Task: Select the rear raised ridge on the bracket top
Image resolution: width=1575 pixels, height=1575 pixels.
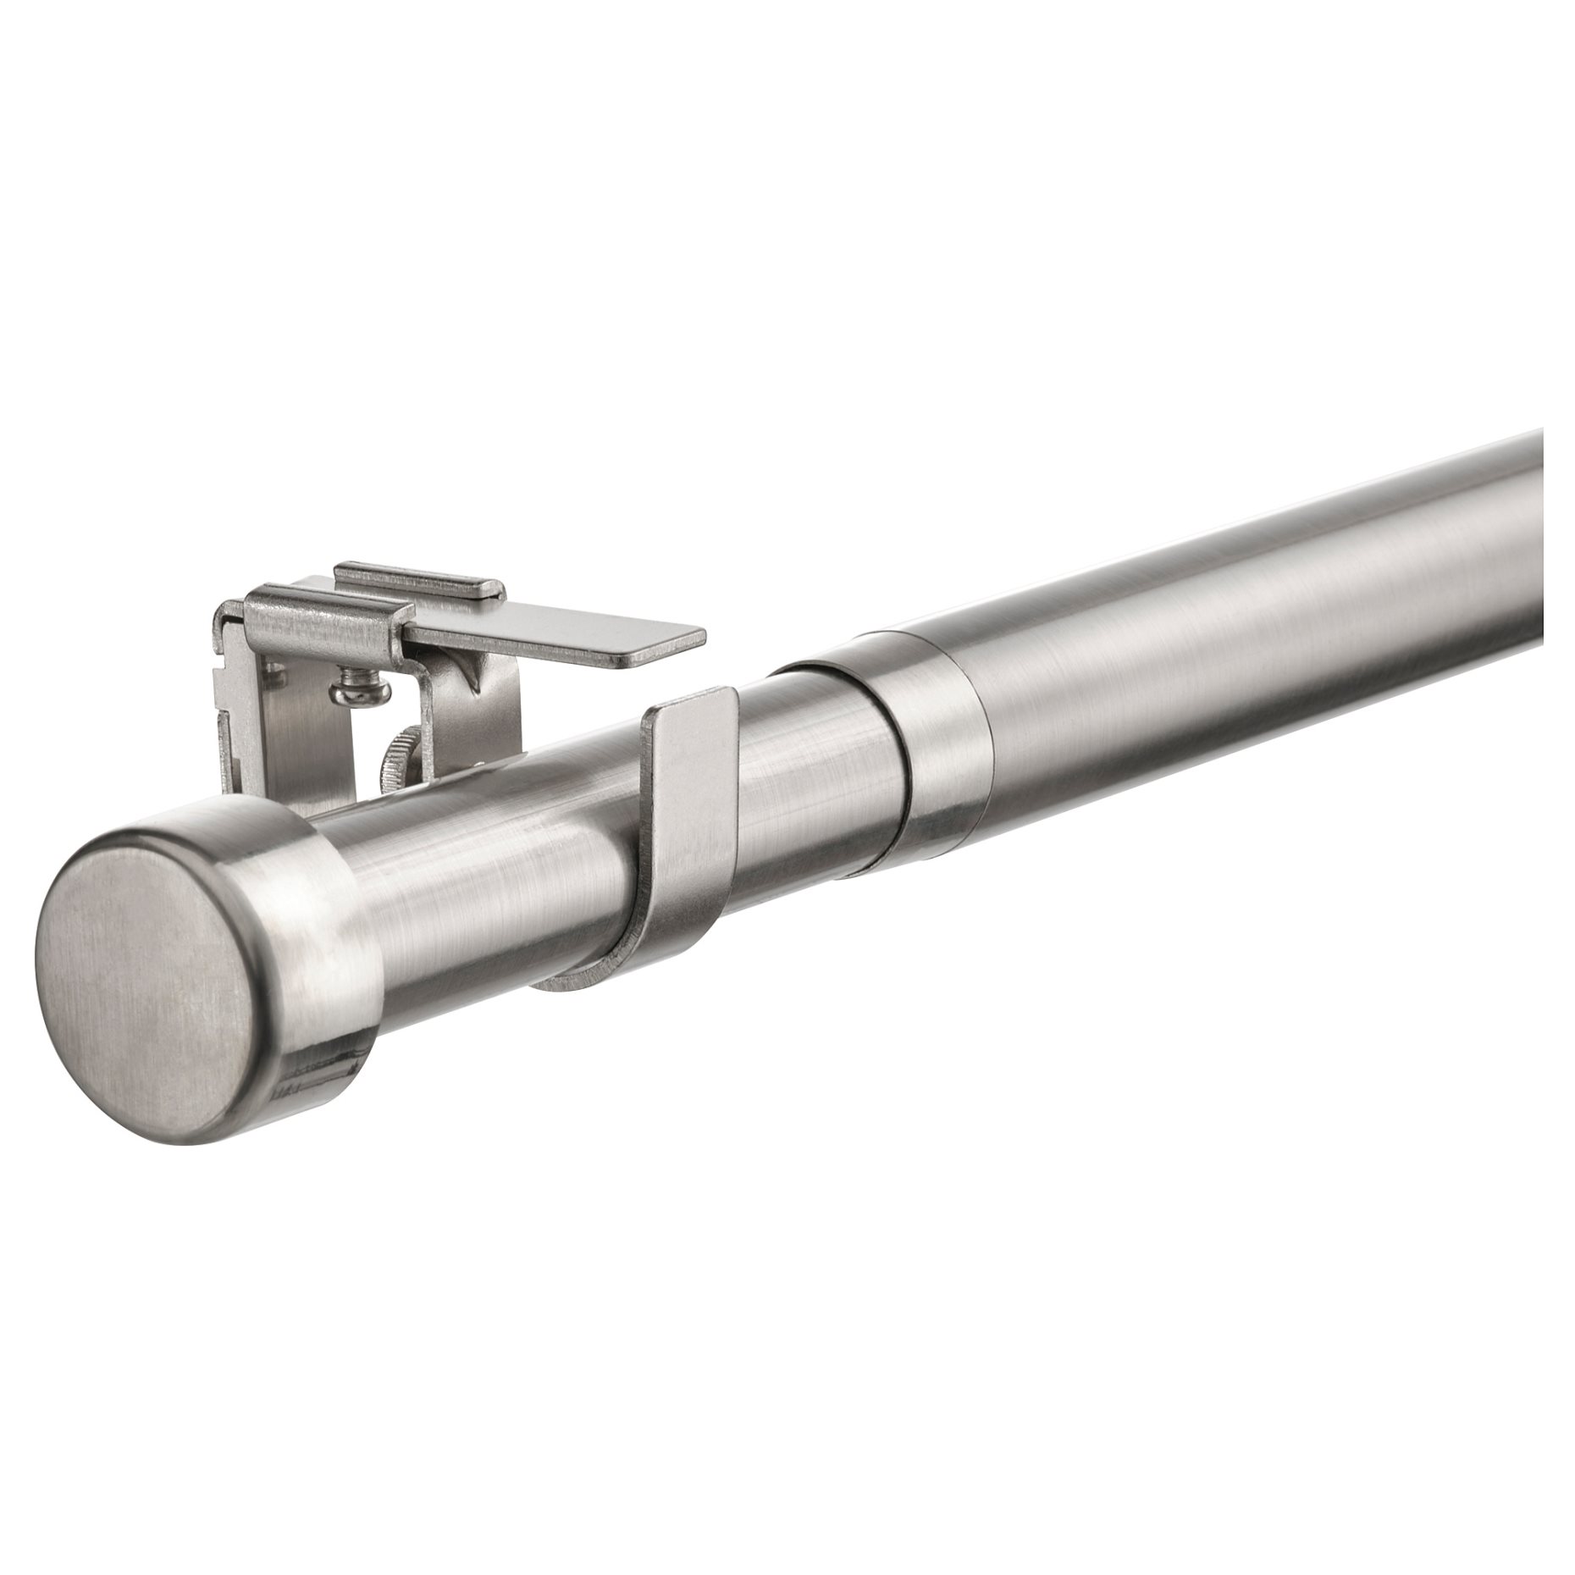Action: point(415,576)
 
